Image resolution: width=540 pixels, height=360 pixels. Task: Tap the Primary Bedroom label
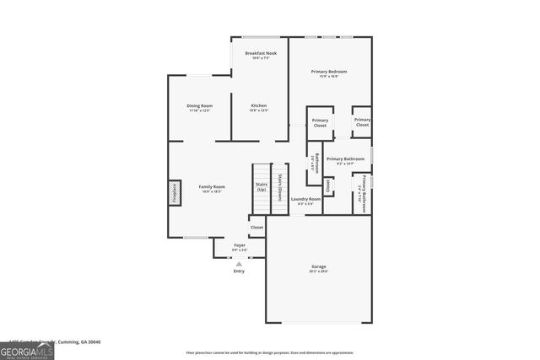pos(329,72)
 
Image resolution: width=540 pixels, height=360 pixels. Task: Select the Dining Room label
pos(199,106)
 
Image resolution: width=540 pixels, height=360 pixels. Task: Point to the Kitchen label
pos(258,106)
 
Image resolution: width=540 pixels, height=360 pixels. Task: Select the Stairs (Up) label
pos(261,186)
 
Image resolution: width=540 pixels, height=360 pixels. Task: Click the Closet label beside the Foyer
pos(256,227)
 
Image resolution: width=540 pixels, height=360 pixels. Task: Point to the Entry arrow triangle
pos(239,264)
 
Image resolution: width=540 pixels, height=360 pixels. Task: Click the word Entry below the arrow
pos(239,271)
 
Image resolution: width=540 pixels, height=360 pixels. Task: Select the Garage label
pos(318,267)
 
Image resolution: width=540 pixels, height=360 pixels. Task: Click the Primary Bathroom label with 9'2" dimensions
pos(345,159)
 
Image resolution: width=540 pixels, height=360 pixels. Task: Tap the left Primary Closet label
pos(320,123)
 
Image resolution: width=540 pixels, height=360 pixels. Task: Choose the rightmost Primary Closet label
pos(362,122)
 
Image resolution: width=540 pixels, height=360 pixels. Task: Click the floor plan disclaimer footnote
pos(269,352)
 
